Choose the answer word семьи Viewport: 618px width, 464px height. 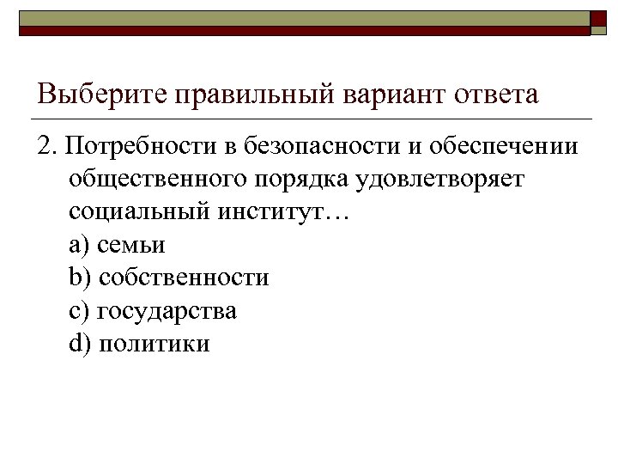[x=131, y=245]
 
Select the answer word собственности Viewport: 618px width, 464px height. [x=185, y=278]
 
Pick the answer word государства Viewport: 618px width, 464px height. [x=167, y=310]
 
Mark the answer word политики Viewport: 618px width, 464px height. [x=154, y=343]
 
